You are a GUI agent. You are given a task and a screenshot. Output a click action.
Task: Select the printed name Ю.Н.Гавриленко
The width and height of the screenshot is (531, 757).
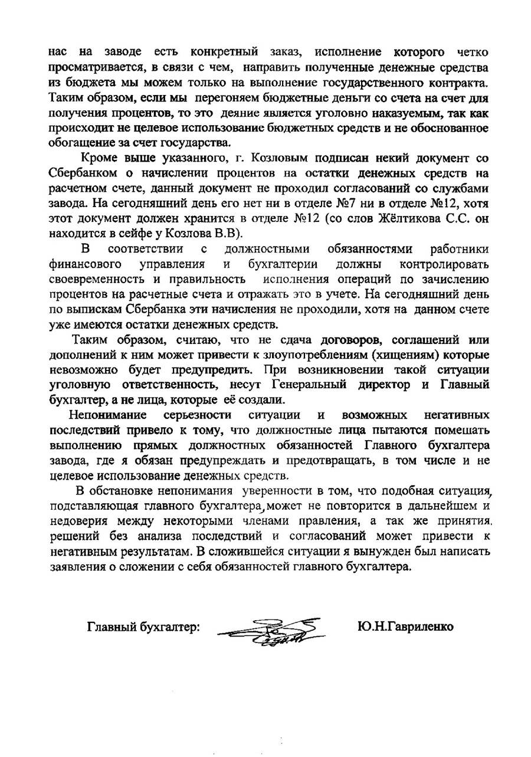click(405, 626)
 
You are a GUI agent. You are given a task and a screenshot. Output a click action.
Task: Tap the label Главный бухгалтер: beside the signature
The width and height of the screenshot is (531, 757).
click(144, 627)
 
